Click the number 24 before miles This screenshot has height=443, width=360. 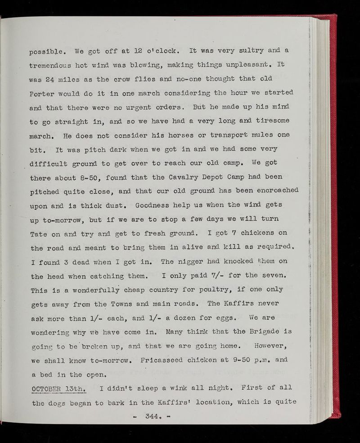pyautogui.click(x=56, y=78)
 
